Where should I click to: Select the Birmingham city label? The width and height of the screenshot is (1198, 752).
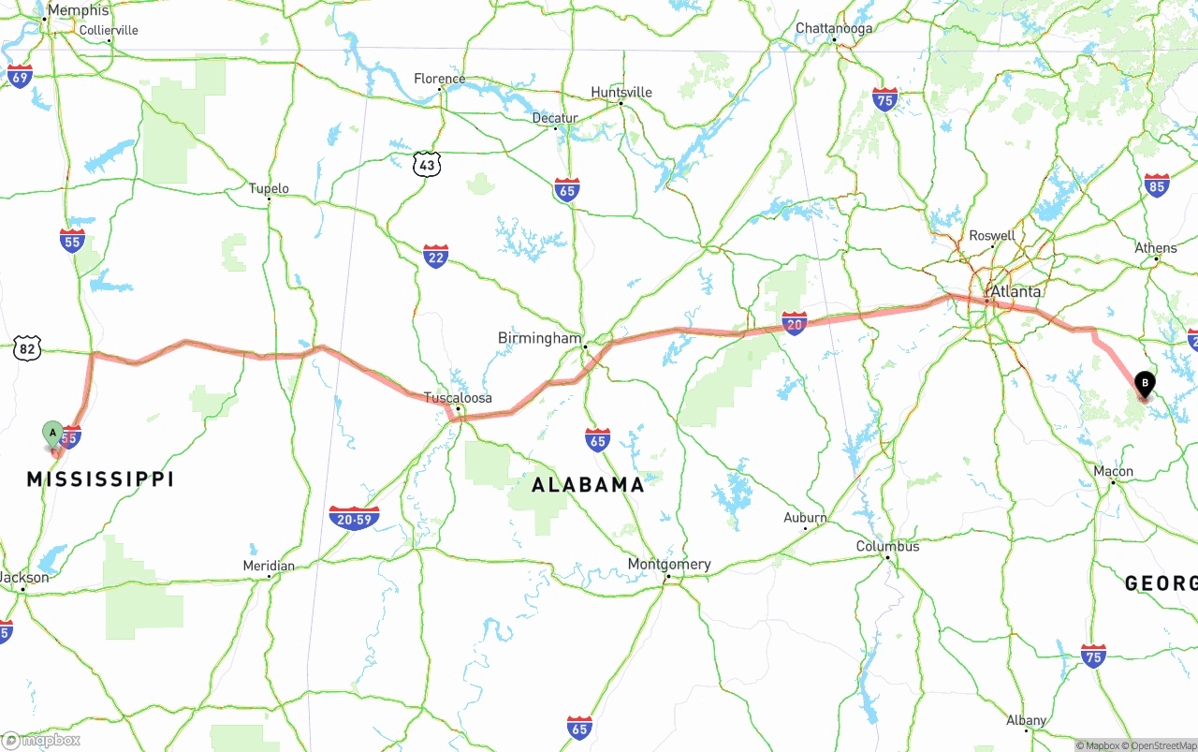[x=539, y=338]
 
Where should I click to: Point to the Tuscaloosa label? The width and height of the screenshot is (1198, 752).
[x=458, y=398]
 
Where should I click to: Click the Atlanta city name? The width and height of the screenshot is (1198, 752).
[x=1015, y=291]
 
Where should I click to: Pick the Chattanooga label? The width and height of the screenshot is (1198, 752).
[x=834, y=28]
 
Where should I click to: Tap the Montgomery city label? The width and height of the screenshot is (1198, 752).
[x=669, y=565]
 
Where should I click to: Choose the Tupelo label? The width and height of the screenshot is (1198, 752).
[x=269, y=189]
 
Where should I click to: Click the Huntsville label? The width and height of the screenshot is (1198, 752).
[x=621, y=92]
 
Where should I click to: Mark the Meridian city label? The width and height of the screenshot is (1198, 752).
[x=269, y=566]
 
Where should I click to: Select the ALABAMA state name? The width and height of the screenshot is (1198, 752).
[x=589, y=485]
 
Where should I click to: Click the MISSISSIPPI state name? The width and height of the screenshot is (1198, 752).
[x=100, y=479]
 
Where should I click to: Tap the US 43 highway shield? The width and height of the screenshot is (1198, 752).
[x=427, y=165]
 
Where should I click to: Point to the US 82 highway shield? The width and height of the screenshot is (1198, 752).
[x=27, y=349]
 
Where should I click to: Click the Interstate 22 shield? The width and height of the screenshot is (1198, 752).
[x=435, y=256]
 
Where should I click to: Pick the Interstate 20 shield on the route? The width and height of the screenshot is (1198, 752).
[x=795, y=324]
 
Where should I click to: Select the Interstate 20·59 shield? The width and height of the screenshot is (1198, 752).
[x=354, y=518]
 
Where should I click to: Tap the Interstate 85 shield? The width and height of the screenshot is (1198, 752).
[x=1157, y=185]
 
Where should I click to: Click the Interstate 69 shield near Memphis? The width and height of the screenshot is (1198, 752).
[x=20, y=76]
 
